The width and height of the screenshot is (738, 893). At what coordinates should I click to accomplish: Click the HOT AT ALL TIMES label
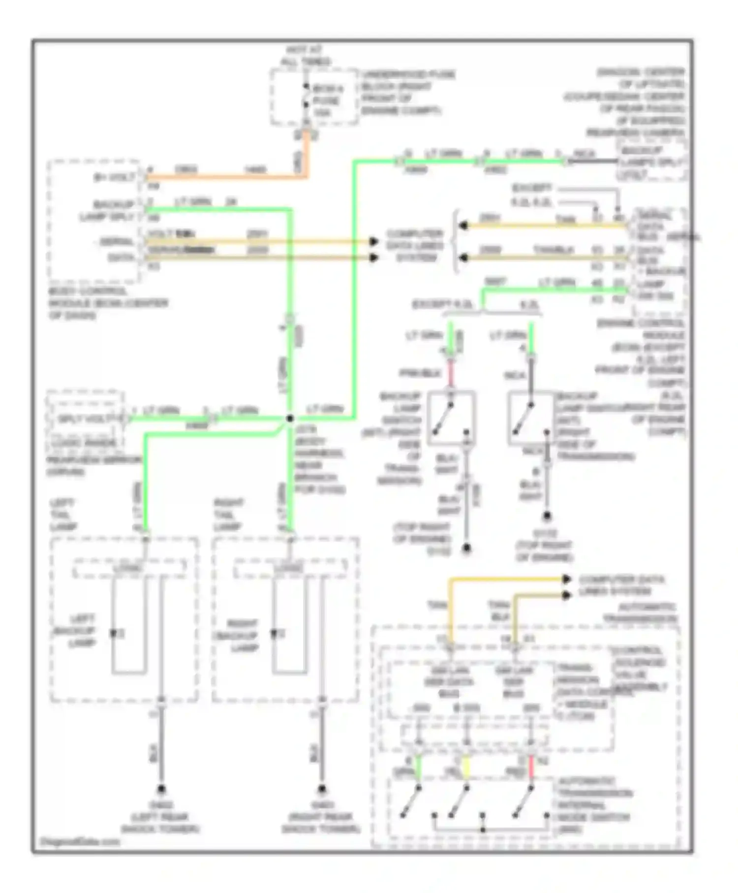[305, 56]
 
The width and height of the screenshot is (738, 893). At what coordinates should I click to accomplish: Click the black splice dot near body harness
[290, 418]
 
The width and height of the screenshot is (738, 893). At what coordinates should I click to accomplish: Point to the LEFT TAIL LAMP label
[63, 515]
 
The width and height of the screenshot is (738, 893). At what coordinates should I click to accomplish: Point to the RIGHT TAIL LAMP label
[229, 515]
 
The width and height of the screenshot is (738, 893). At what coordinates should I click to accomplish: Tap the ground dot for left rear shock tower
[161, 788]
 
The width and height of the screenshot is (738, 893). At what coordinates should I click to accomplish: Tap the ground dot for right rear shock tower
[322, 788]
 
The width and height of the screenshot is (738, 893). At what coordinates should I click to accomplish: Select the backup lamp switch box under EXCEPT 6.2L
[451, 418]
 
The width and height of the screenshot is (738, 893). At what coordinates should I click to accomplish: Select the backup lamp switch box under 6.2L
[531, 418]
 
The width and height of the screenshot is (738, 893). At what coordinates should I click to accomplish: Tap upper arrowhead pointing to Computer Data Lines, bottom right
[567, 579]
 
